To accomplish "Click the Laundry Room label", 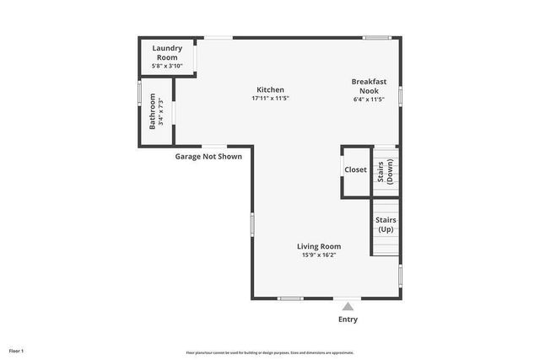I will [166, 53].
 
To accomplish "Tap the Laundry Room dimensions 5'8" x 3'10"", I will [166, 66].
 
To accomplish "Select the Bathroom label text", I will [154, 110].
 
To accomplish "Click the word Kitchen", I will [271, 89].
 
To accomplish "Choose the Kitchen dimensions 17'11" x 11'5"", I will [271, 99].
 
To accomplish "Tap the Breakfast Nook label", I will [369, 85].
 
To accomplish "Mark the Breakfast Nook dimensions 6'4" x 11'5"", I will [369, 99].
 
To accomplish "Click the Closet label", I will [355, 169].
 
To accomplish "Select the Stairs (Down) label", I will [386, 171].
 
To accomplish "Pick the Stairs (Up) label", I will [386, 224].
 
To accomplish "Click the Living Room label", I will [318, 246].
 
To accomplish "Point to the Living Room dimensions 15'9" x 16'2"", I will [318, 255].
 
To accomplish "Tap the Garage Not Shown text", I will [208, 156].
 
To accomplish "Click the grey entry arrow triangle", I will [348, 306].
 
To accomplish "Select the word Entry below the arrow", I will [348, 320].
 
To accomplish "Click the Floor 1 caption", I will [17, 351].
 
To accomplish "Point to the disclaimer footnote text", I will [270, 352].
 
